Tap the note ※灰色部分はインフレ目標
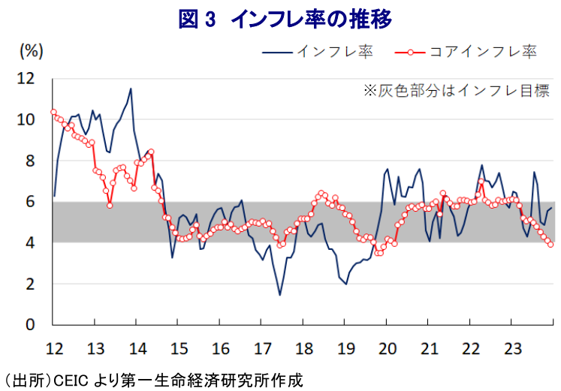point(456,91)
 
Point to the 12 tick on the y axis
point(26,78)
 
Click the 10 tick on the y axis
point(26,119)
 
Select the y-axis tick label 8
point(29,161)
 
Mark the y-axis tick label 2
point(29,284)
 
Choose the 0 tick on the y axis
point(29,326)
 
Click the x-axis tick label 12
point(53,349)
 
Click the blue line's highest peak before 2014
point(131,89)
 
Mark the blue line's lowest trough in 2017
point(279,295)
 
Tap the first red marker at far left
point(53,112)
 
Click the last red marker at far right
point(551,244)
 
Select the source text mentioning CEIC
point(154,379)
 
